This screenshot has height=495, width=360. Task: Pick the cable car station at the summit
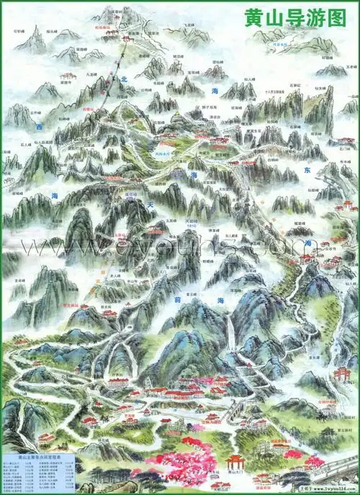click(127, 35)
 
